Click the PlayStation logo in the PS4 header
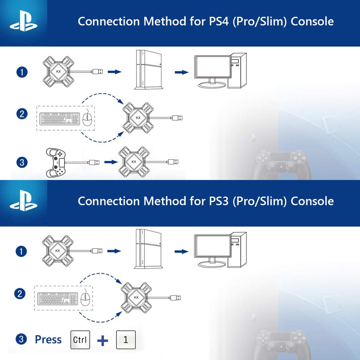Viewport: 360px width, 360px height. pos(24,21)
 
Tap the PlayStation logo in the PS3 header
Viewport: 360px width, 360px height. pos(24,200)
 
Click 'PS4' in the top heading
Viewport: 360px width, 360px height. pos(219,21)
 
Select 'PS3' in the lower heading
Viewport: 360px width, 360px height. pos(219,201)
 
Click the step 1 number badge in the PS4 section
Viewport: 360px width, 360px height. pos(22,72)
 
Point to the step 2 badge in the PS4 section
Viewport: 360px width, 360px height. pos(22,114)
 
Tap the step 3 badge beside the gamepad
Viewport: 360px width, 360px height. pos(22,162)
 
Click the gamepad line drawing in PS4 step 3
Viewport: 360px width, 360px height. pos(56,162)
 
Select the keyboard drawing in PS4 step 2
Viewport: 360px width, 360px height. pos(60,119)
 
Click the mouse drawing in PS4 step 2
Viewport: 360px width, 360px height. pos(87,118)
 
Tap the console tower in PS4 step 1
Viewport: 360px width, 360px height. pos(148,70)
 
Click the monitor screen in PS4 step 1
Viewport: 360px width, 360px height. pos(212,67)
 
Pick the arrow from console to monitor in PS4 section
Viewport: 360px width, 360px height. pos(182,72)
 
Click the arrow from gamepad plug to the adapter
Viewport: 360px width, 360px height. pos(111,162)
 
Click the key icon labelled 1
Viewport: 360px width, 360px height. pos(126,340)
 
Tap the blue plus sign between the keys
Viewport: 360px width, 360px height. pos(103,340)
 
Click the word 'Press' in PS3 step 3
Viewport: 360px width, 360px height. pos(48,340)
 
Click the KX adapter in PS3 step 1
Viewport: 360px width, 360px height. pos(58,251)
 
